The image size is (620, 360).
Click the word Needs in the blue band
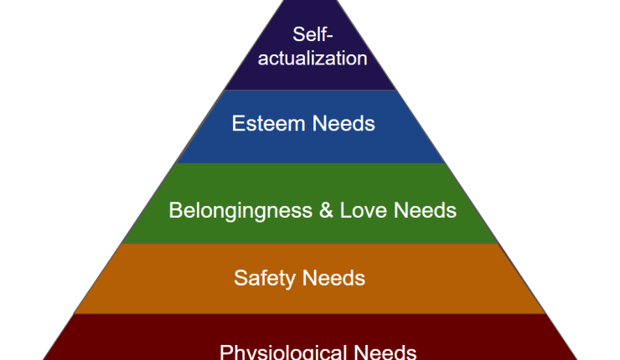point(344,125)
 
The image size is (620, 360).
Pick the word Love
point(363,210)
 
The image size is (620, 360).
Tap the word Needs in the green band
point(425,210)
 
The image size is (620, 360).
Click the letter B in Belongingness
point(175,210)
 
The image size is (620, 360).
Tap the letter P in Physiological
point(225,351)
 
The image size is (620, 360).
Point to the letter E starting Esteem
point(237,125)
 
